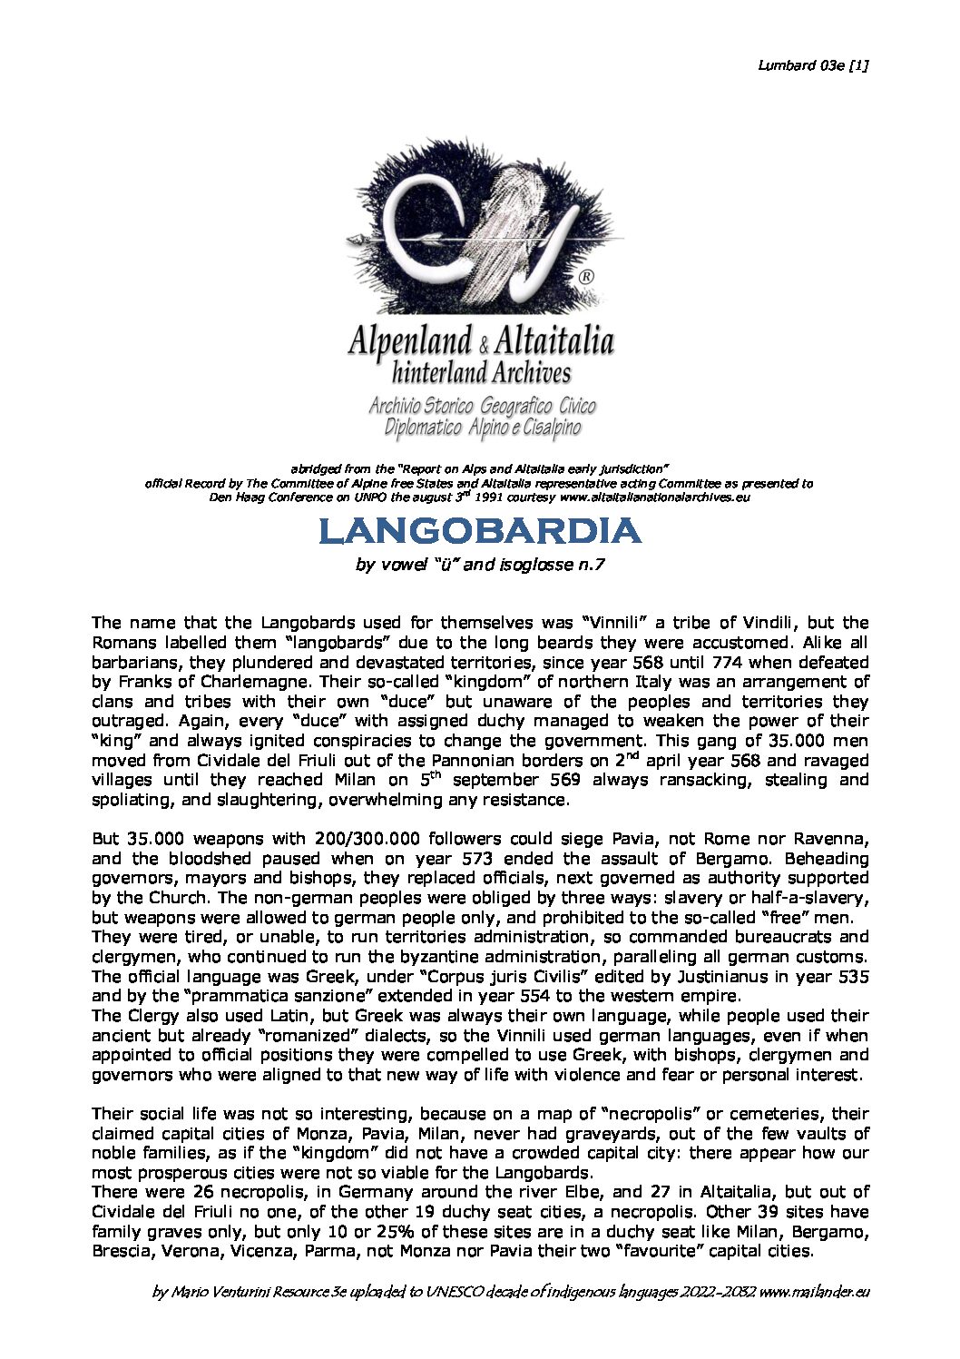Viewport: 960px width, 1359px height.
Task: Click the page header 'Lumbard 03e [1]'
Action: (x=813, y=64)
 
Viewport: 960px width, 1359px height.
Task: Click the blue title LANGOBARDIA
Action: (x=480, y=531)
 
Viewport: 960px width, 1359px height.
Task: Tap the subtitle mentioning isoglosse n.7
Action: (x=480, y=565)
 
